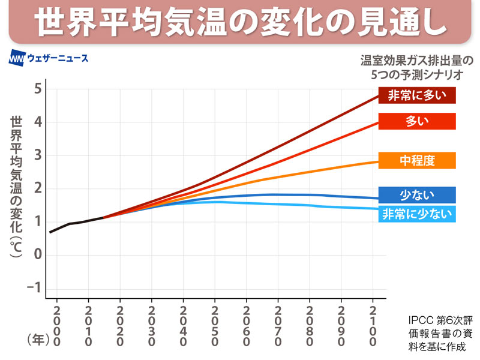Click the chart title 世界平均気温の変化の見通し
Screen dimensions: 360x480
tap(240, 22)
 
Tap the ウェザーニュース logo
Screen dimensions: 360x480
tap(49, 59)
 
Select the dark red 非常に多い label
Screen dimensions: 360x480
tap(416, 95)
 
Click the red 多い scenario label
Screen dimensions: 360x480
tap(416, 121)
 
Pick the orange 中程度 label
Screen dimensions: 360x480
tap(416, 160)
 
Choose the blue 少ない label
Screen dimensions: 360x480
tap(416, 195)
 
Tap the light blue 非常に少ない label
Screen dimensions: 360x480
tap(416, 213)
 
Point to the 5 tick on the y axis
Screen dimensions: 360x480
tap(37, 89)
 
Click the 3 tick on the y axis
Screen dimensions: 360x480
tap(37, 155)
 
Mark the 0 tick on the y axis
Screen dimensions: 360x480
tap(37, 254)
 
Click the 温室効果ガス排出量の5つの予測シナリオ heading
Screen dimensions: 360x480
tap(416, 68)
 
